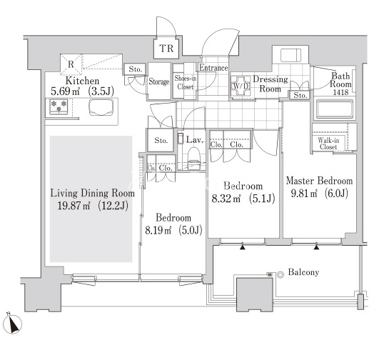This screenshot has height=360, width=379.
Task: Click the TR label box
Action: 166,49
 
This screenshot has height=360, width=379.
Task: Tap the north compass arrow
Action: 13,324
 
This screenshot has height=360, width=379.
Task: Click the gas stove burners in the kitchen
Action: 59,106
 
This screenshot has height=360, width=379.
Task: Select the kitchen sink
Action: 101,107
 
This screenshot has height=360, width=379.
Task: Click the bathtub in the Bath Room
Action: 335,109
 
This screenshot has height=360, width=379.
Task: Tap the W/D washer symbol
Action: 241,86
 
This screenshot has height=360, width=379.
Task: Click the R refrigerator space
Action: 71,64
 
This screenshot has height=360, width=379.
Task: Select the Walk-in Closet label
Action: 328,144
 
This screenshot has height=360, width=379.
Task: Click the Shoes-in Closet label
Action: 185,82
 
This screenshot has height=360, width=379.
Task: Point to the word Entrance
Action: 213,68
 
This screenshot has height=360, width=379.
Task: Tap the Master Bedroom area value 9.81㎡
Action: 304,194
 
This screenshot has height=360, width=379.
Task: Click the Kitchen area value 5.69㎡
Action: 65,91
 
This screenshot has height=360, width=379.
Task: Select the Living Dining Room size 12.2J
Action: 113,206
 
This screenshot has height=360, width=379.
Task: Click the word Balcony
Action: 303,272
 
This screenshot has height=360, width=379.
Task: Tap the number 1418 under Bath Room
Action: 340,92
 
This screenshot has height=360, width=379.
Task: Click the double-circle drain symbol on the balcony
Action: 280,275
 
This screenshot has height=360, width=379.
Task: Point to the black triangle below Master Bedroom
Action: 316,247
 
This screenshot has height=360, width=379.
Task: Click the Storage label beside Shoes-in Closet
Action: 158,81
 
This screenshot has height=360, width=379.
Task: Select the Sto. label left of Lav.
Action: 161,140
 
